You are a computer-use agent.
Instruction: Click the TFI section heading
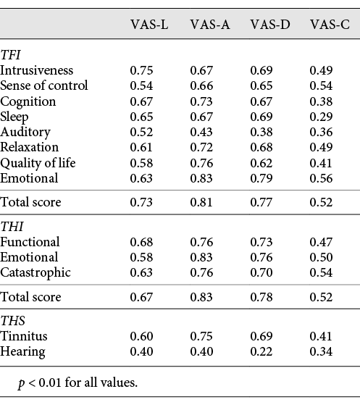(11, 54)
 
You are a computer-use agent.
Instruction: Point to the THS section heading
(12, 321)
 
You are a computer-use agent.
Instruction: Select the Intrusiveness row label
(37, 70)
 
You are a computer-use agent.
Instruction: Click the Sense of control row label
(44, 85)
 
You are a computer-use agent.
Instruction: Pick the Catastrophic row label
(35, 272)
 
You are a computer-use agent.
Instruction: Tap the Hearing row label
(22, 351)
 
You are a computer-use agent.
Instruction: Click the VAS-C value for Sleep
(321, 117)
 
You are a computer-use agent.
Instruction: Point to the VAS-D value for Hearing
(261, 351)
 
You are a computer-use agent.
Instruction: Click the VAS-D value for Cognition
(261, 101)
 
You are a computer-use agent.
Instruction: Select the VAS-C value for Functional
(321, 242)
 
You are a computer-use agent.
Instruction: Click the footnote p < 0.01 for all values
(78, 382)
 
